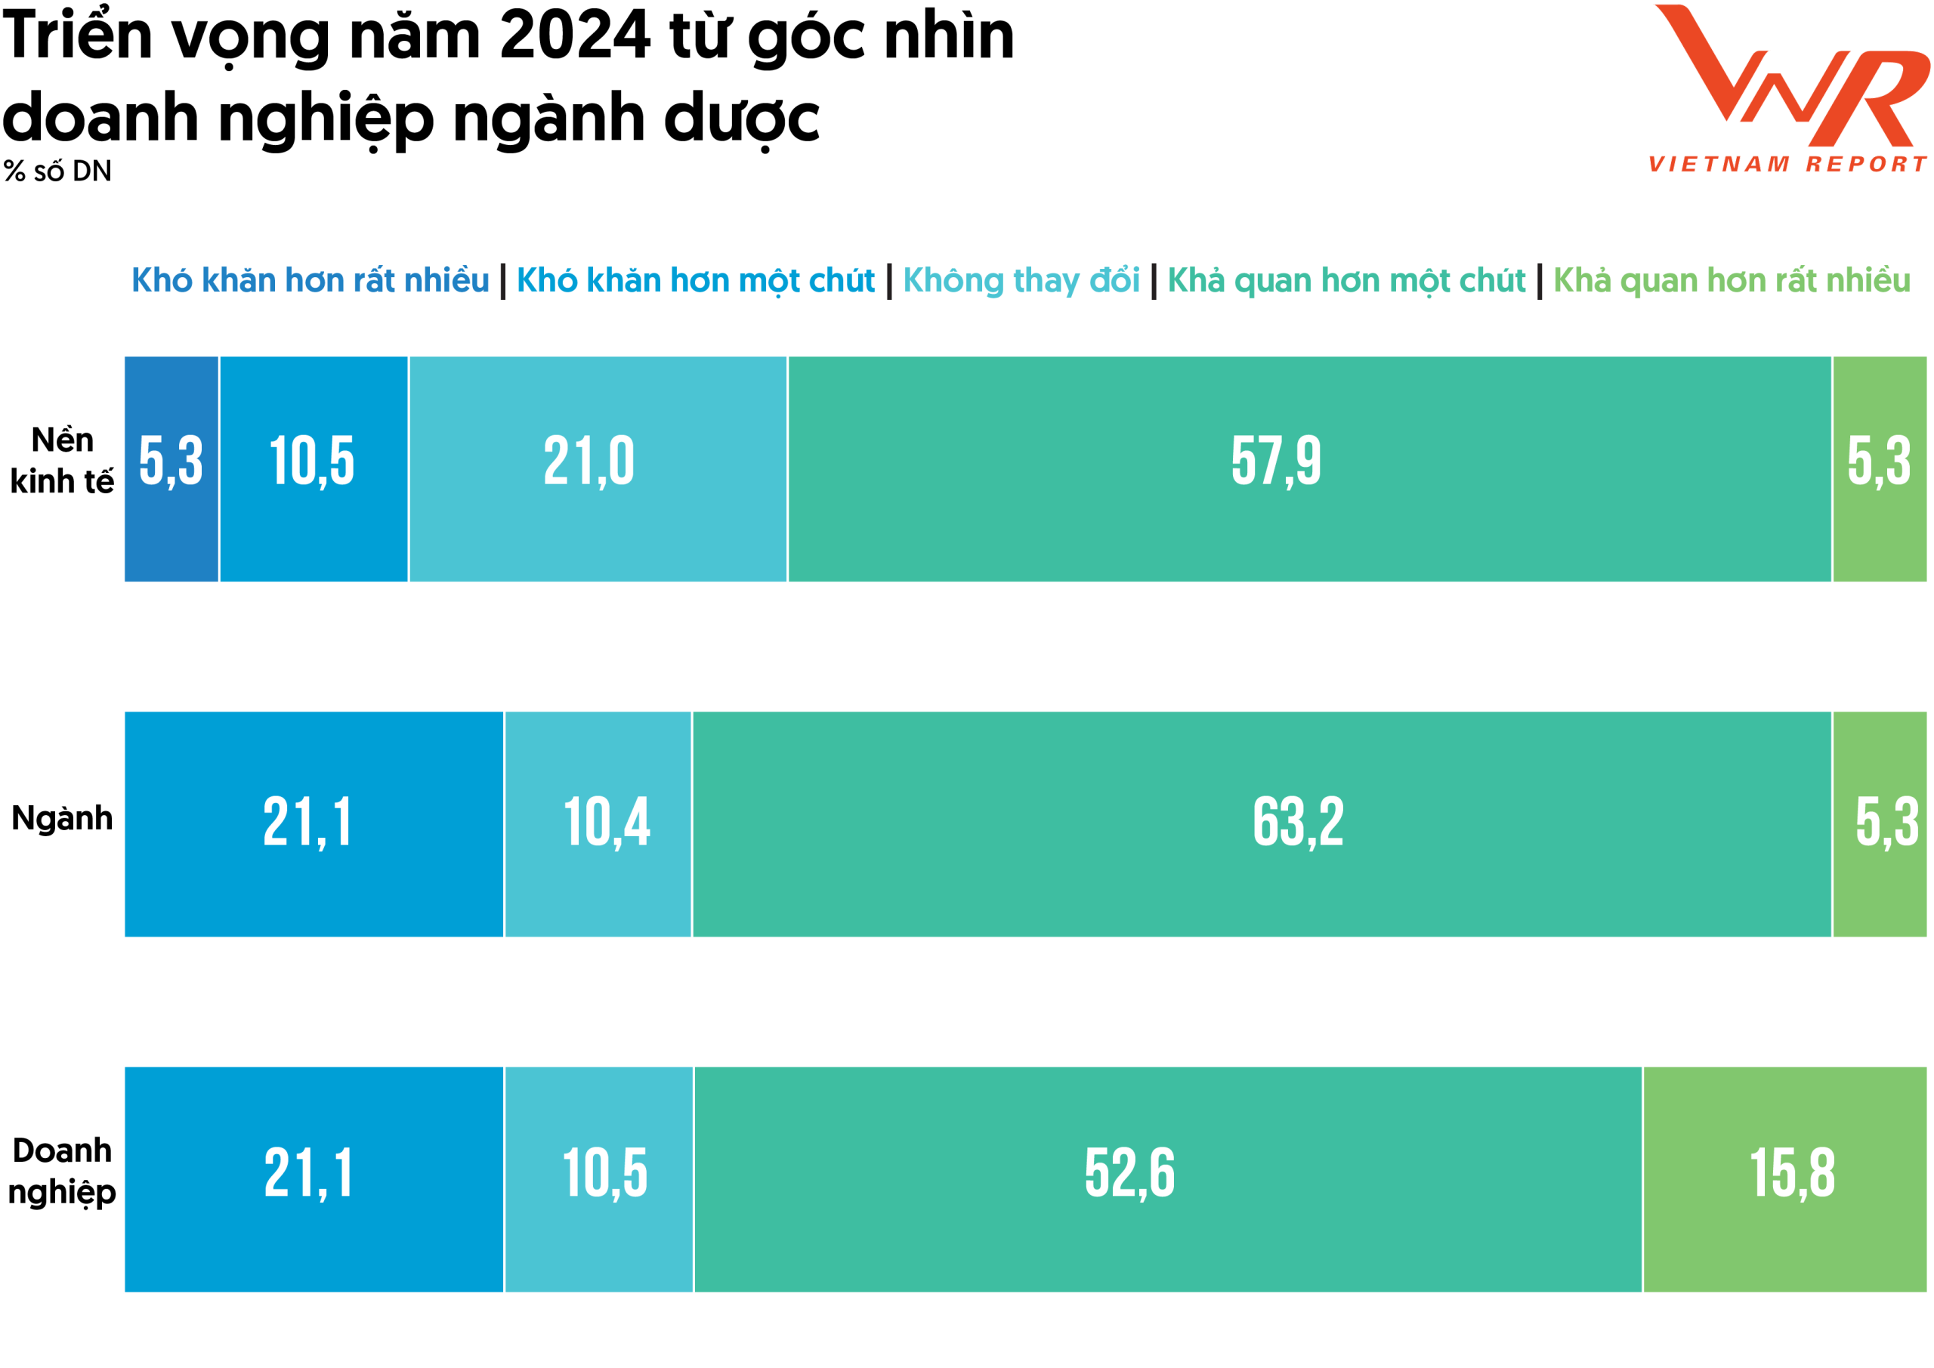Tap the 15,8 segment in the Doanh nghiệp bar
click(1784, 1179)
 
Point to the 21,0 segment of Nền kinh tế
click(598, 468)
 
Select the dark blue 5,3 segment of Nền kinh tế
click(171, 468)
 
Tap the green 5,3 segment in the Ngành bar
click(1880, 824)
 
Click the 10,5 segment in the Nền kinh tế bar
click(314, 468)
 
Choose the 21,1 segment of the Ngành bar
click(314, 824)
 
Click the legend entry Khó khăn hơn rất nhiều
click(310, 280)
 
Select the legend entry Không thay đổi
click(1021, 280)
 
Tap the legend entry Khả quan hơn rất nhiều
click(1732, 280)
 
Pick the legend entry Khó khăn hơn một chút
click(696, 280)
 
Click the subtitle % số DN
click(57, 171)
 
